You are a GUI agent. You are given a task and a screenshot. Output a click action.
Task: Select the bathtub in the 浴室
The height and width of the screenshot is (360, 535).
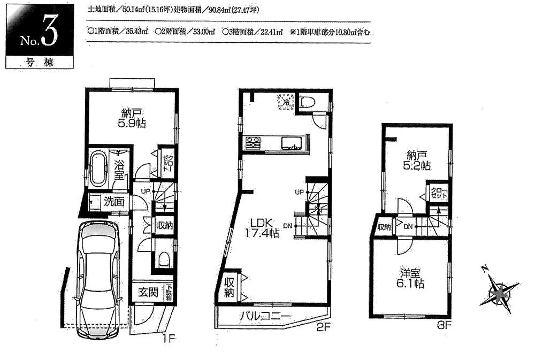[x=100, y=167]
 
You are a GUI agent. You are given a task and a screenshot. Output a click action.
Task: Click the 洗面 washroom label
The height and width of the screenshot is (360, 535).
[x=114, y=202]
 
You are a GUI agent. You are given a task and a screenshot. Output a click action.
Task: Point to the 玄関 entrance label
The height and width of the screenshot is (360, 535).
[x=148, y=293]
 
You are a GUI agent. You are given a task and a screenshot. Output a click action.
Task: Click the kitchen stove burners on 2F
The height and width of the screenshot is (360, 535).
[x=253, y=143]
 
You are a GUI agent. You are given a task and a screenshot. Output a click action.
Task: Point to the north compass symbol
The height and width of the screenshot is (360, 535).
[x=499, y=292]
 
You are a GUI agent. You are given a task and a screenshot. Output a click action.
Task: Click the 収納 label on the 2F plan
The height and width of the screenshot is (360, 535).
[x=230, y=288]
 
